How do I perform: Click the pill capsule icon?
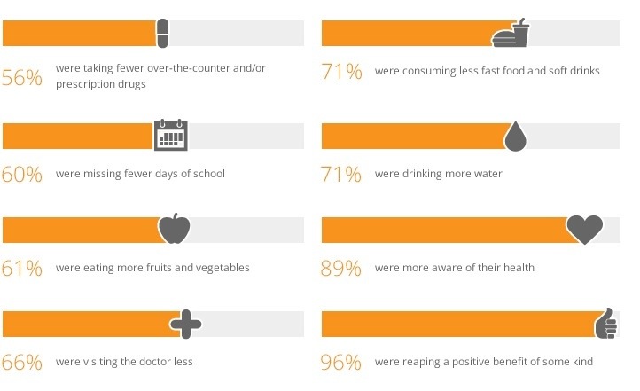tap(162, 34)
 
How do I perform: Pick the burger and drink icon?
tap(511, 34)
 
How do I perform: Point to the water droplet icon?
tap(515, 135)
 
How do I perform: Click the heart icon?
tap(584, 230)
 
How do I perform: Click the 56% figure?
tap(22, 78)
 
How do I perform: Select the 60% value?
tap(22, 174)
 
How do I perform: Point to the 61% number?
tap(22, 268)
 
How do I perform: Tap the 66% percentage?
tap(22, 362)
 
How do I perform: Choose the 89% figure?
tap(341, 268)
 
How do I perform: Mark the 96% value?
tap(341, 362)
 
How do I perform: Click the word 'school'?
tap(207, 174)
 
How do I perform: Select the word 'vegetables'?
tap(220, 268)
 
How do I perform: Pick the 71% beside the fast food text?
tap(341, 73)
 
